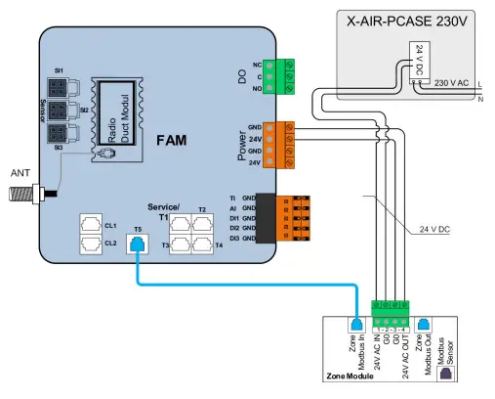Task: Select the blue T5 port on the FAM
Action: point(138,245)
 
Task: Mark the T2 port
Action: point(202,225)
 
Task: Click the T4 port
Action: point(202,244)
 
